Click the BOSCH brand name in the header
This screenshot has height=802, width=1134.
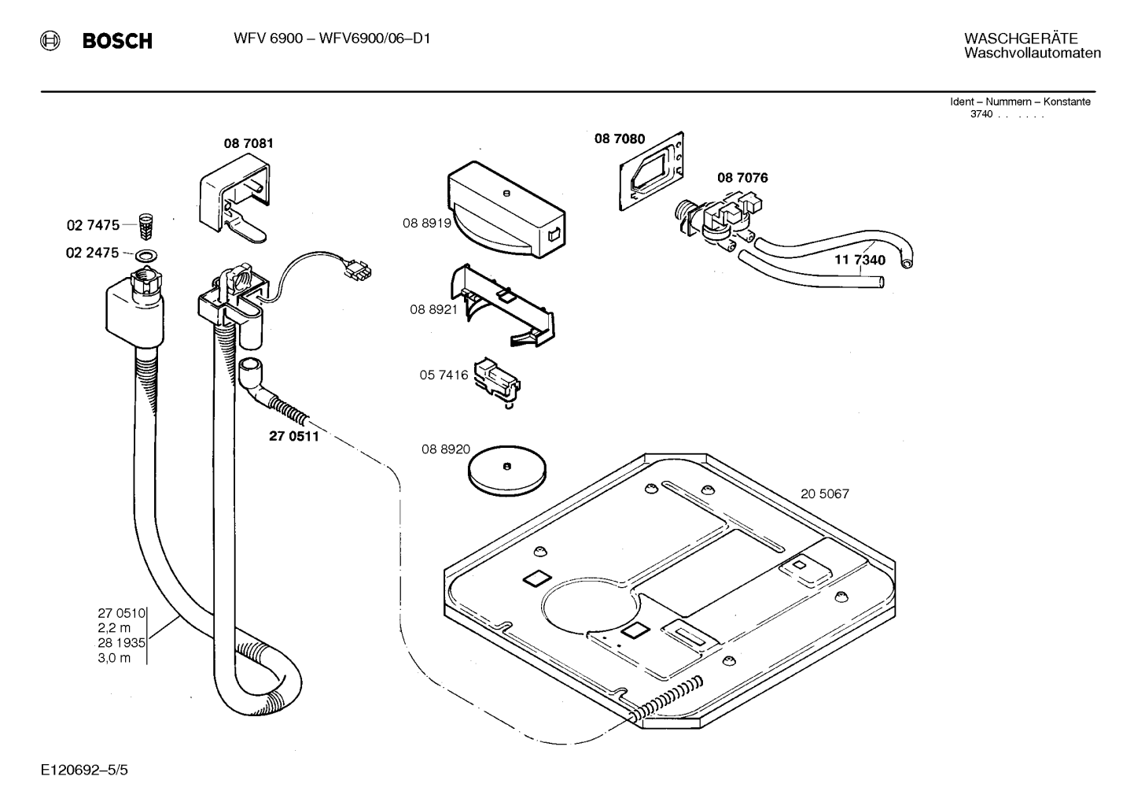pyautogui.click(x=117, y=40)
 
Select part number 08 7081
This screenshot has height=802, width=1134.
pyautogui.click(x=249, y=143)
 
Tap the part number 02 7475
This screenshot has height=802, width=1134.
pyautogui.click(x=93, y=225)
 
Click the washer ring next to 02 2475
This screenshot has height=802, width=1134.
pyautogui.click(x=145, y=255)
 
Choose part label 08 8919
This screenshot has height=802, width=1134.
pyautogui.click(x=427, y=223)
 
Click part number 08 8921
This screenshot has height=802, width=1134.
pyautogui.click(x=434, y=309)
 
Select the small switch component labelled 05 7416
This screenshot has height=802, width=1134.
pyautogui.click(x=498, y=382)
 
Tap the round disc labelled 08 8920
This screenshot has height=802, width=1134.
pyautogui.click(x=506, y=471)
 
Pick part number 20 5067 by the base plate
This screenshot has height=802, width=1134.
pyautogui.click(x=825, y=493)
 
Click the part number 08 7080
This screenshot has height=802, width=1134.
pyautogui.click(x=620, y=139)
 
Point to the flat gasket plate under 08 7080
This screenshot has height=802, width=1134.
pyautogui.click(x=652, y=172)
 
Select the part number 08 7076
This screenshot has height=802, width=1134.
pyautogui.click(x=742, y=178)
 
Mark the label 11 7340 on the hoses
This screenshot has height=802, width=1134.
pyautogui.click(x=860, y=260)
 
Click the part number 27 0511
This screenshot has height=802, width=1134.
pyautogui.click(x=294, y=436)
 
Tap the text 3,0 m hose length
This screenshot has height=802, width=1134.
pyautogui.click(x=114, y=658)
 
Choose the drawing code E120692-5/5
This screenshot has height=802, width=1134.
pyautogui.click(x=85, y=771)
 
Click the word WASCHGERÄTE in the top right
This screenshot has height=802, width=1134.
pyautogui.click(x=1021, y=39)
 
